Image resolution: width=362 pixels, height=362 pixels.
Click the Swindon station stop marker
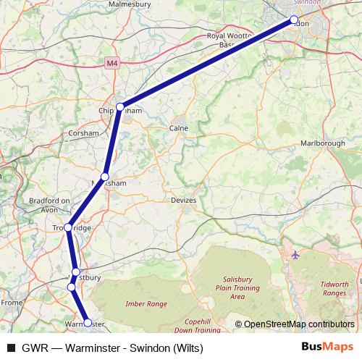(294, 20)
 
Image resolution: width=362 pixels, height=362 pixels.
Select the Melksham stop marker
(105, 177)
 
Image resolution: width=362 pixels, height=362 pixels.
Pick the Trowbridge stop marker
(68, 227)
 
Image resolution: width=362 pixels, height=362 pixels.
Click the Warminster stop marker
(88, 323)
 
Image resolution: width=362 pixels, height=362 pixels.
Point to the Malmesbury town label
(129, 4)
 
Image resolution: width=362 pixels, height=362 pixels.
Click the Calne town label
(178, 128)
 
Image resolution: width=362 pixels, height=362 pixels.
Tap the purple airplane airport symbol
(295, 255)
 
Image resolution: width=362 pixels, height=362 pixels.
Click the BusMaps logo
(328, 346)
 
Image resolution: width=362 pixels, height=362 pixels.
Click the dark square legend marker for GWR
(11, 347)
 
